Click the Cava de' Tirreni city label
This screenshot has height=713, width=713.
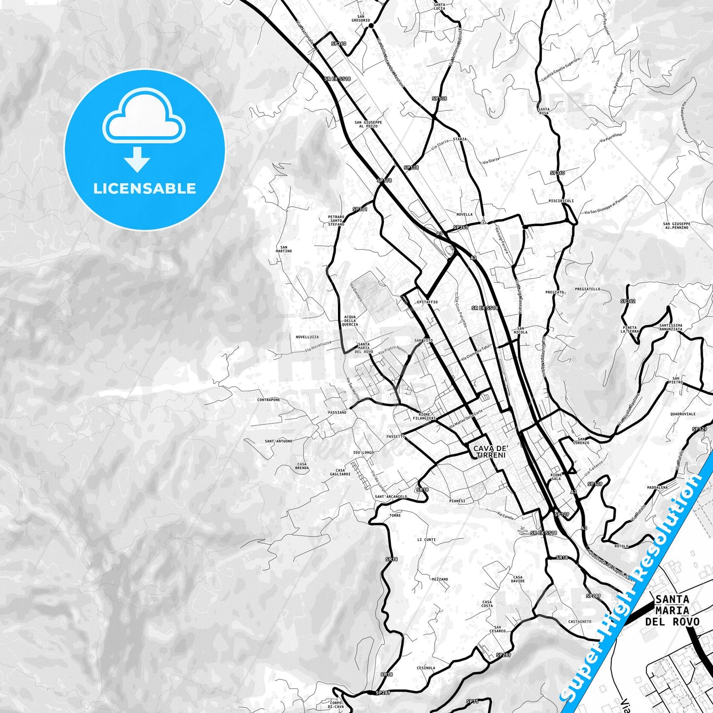coord(490,451)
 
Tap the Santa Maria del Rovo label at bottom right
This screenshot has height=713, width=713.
coord(672,610)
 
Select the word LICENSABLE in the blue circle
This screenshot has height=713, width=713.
coord(145,188)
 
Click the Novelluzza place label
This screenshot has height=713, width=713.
coord(307,337)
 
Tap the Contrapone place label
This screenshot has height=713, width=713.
coord(268,400)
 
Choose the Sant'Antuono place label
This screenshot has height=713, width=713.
coord(278,441)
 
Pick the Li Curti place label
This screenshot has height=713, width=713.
coord(426,540)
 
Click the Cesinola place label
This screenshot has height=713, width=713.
coord(426,668)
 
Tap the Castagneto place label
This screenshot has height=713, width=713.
coord(580,622)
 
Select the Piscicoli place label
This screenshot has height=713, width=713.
coord(561,201)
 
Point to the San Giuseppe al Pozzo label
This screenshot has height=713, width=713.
coord(368,124)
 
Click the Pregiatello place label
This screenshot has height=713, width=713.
coord(587,289)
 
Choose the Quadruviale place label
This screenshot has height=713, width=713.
coord(683,414)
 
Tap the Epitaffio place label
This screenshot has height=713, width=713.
coord(427,302)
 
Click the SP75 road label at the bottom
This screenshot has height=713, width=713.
coord(472,701)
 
